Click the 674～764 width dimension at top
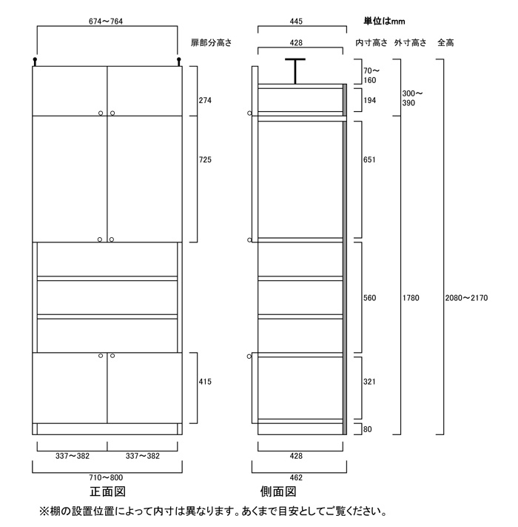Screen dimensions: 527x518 (107, 22)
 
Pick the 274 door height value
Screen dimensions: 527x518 (206, 100)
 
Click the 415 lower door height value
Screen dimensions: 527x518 (206, 382)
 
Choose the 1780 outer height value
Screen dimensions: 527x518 (412, 298)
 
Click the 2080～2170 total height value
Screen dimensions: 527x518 (465, 298)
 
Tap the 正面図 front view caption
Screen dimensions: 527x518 (107, 493)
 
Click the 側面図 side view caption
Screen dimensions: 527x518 (278, 493)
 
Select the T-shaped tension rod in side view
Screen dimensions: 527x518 (295, 70)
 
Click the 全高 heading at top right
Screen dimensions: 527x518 (445, 44)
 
